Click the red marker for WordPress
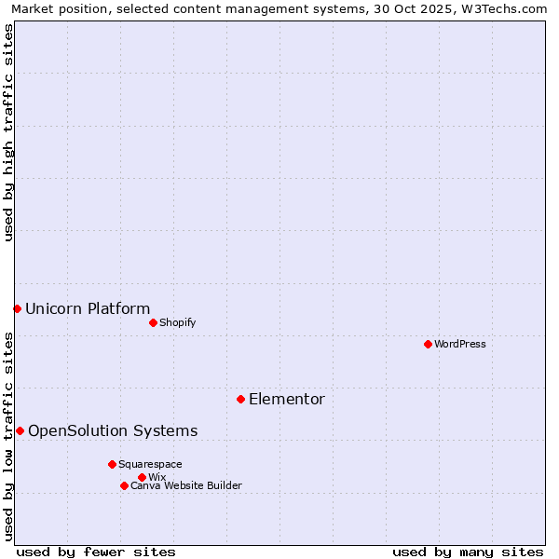428,344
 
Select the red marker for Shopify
153,322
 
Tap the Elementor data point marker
240,399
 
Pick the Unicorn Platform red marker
17,308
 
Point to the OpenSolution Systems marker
20,430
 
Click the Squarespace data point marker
112,464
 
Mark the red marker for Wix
142,477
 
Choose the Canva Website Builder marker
124,485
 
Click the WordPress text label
460,344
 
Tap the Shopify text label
178,322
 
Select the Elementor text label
287,400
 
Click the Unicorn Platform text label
88,309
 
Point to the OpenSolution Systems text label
113,430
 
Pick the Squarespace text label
151,464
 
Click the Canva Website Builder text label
186,485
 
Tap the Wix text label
157,477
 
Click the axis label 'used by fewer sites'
96,552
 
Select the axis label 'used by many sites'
468,552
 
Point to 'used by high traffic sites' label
9,132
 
